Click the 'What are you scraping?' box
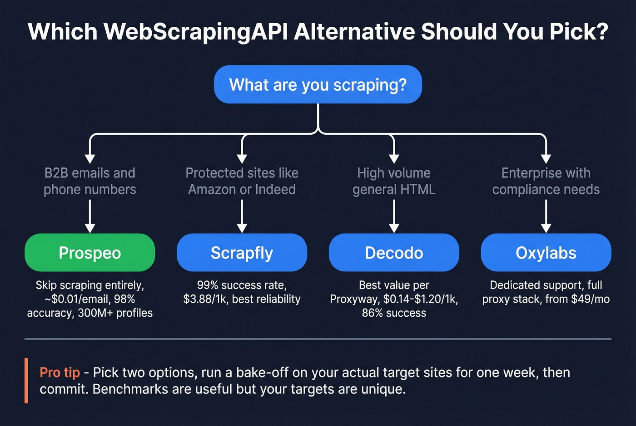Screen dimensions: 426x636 coord(318,85)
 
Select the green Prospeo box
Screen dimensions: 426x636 coord(90,253)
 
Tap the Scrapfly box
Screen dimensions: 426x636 coord(242,253)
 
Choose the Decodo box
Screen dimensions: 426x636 coord(394,253)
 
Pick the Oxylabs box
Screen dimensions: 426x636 coord(546,253)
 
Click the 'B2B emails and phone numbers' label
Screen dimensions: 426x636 coord(90,181)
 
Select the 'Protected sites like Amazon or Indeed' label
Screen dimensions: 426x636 coord(242,181)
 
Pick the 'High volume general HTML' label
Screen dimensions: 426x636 coord(394,181)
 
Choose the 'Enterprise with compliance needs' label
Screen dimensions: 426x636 coord(546,181)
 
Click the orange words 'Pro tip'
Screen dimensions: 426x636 coord(60,372)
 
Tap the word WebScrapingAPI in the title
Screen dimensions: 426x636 coord(195,32)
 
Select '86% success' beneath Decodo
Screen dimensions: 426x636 coord(394,313)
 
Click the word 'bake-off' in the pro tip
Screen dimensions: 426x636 coord(263,372)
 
